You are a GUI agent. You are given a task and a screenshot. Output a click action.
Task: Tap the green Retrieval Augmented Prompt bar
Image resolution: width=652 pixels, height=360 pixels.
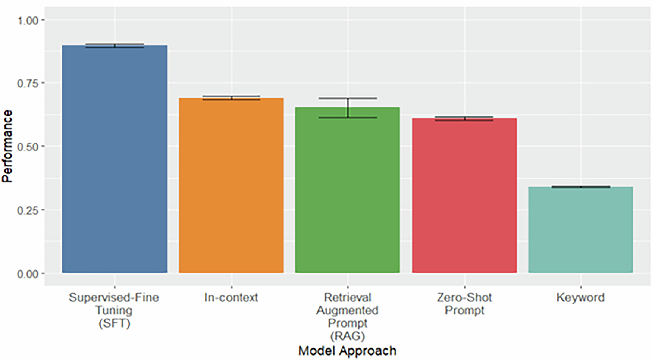pos(348,190)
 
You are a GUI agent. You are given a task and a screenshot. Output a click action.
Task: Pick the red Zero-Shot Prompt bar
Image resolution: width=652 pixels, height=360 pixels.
pos(464,196)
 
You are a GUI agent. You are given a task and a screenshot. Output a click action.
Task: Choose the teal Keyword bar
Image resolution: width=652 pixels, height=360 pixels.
pos(581,229)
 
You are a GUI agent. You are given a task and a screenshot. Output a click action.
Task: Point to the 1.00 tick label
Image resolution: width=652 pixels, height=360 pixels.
pos(28,20)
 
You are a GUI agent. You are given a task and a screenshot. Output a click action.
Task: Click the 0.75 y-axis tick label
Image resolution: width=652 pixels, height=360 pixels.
pos(28,83)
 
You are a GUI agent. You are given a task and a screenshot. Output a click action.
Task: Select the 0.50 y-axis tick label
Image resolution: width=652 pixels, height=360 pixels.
pos(28,147)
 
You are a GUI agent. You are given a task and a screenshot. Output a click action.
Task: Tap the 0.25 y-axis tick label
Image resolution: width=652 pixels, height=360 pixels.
pos(28,210)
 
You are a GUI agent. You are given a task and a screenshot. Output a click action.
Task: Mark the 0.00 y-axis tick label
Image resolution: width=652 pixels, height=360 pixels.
pos(28,274)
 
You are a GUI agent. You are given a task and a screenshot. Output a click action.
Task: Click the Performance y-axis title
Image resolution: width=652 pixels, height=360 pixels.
pos(7,146)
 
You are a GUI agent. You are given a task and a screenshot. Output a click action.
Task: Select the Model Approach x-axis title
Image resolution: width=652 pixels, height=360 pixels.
pos(347,351)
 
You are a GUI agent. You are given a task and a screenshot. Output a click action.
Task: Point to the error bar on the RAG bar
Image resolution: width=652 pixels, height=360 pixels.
pos(348,108)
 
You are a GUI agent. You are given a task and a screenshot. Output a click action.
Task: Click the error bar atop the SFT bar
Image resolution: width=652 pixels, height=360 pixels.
pos(115,46)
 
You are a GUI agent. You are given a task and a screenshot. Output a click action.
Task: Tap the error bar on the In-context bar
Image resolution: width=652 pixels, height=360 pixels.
pos(231,98)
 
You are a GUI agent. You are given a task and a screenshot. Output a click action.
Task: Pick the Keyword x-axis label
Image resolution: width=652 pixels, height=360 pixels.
pos(580,298)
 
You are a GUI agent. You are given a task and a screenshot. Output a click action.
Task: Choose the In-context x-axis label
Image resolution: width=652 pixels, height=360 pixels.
pos(231,298)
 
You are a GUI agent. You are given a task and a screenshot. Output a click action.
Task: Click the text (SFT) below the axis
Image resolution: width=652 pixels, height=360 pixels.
pos(115,323)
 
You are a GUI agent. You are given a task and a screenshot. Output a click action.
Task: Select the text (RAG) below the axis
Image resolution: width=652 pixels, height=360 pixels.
pos(347,336)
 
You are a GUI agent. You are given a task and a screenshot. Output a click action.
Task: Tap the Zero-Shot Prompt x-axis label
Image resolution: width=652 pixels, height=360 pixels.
pos(464,304)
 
